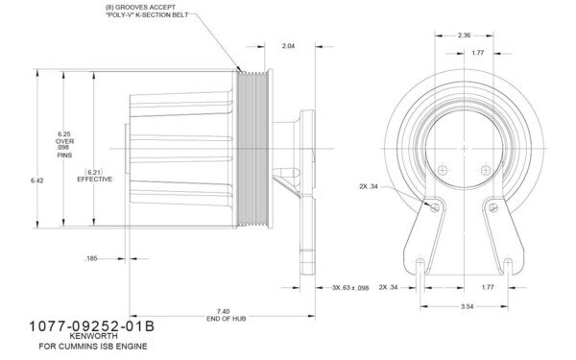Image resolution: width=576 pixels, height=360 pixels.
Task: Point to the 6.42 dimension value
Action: coord(37,180)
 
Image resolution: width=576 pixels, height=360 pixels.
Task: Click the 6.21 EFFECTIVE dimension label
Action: coord(95,175)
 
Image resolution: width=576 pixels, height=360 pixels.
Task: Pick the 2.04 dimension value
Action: coord(288,45)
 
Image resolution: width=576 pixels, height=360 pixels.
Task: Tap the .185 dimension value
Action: coord(92,258)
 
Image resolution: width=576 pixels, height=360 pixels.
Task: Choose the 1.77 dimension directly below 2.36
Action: coord(477,55)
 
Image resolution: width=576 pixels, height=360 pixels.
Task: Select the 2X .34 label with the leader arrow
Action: coord(368,186)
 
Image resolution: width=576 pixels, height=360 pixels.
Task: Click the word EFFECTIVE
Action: coord(95,180)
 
